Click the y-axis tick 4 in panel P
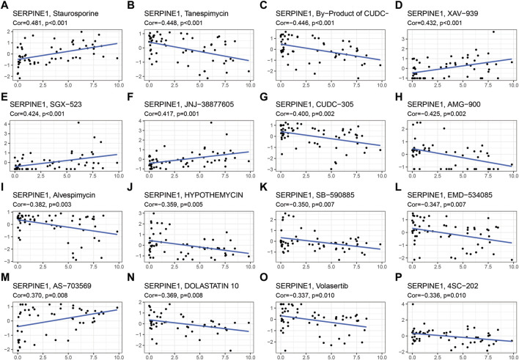[405, 284]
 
